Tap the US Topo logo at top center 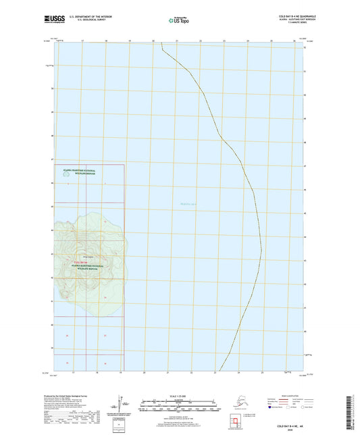[180, 21]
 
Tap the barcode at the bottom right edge [355, 412]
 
